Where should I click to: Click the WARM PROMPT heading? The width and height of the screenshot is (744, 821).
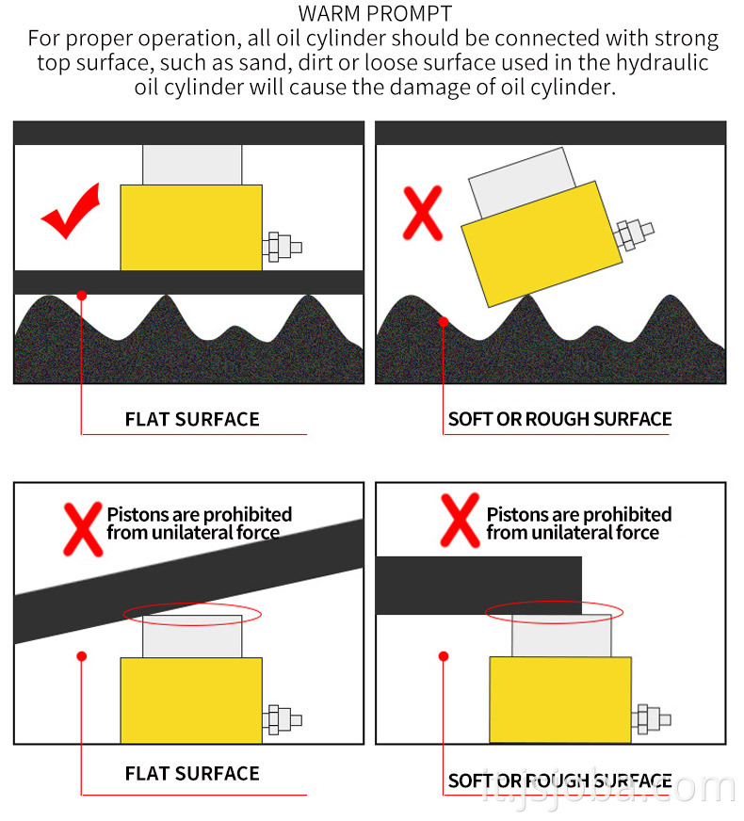click(374, 14)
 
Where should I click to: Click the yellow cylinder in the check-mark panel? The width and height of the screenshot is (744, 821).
click(191, 227)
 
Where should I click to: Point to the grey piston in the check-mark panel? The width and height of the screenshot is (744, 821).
click(192, 165)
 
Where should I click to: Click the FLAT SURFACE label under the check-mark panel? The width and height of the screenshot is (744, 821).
click(192, 419)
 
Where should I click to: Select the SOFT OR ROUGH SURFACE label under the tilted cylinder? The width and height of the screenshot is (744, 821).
click(559, 419)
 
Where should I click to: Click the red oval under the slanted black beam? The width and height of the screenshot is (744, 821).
click(191, 614)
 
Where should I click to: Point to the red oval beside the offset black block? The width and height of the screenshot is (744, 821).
click(553, 612)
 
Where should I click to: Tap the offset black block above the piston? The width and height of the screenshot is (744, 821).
click(478, 585)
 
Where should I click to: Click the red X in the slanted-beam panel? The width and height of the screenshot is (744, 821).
click(82, 527)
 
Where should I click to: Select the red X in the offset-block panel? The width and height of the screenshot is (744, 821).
click(461, 521)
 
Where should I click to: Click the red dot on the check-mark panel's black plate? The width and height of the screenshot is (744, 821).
click(82, 295)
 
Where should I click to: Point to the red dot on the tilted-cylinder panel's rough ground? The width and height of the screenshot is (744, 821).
click(444, 321)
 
